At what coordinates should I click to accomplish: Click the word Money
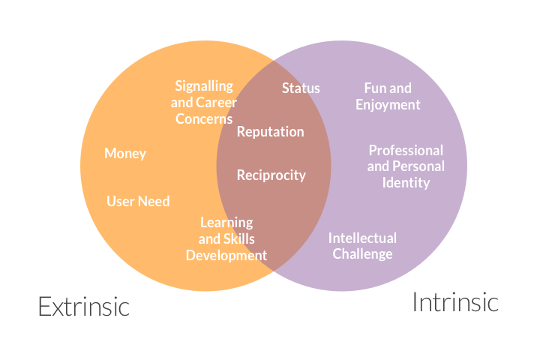(x=125, y=154)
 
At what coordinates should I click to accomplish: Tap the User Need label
(x=138, y=201)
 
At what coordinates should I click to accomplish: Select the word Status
(x=301, y=88)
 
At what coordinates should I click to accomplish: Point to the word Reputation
(x=270, y=132)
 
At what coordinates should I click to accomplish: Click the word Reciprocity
(x=271, y=175)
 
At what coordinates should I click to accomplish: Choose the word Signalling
(x=204, y=86)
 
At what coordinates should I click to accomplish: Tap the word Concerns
(x=204, y=119)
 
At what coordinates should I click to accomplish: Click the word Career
(x=216, y=103)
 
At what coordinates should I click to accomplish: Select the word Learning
(x=226, y=223)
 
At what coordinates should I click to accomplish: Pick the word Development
(x=226, y=256)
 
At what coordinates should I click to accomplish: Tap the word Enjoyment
(x=388, y=106)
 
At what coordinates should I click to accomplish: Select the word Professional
(x=406, y=151)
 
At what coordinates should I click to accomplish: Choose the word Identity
(x=406, y=183)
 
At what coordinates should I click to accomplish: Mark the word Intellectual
(x=362, y=238)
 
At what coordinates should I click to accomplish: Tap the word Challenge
(x=362, y=254)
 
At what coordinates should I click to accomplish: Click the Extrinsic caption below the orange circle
(x=84, y=307)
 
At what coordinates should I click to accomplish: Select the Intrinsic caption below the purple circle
(x=455, y=302)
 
